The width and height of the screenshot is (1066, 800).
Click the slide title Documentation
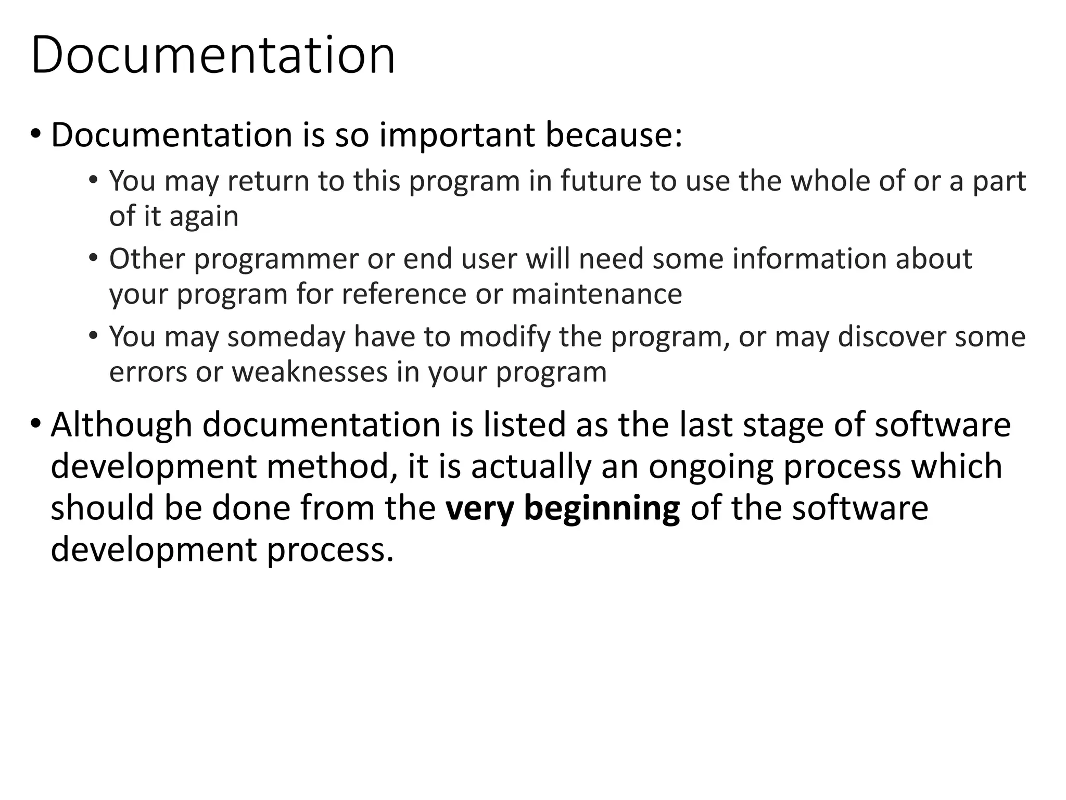[213, 55]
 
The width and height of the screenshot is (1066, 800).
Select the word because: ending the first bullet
[614, 135]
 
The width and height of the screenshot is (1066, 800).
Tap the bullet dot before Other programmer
[93, 257]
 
